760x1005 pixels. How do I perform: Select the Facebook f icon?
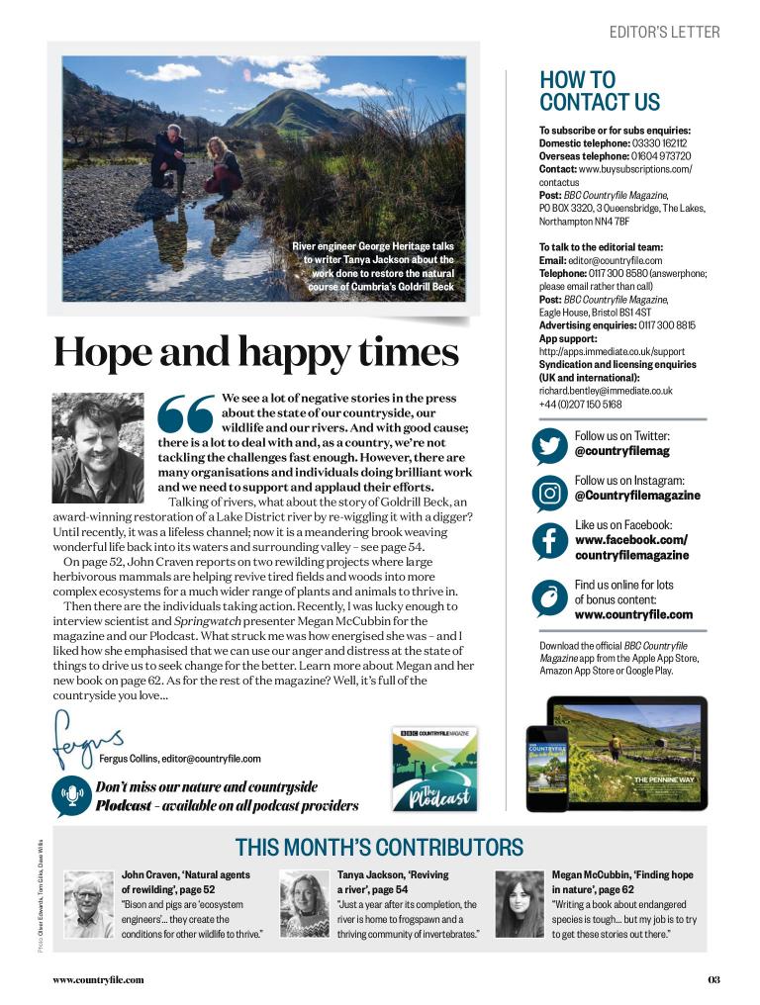(x=549, y=540)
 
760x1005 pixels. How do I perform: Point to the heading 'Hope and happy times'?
(x=256, y=352)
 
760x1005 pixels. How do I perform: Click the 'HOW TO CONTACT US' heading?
(x=600, y=91)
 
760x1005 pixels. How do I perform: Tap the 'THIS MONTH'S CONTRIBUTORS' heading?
(x=379, y=847)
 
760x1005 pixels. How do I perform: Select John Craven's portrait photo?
(x=88, y=903)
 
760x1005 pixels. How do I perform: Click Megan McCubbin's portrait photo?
(x=519, y=903)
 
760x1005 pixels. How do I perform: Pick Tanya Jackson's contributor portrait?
(x=303, y=903)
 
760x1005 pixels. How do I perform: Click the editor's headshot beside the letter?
(x=97, y=448)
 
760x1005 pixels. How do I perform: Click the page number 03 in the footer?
(x=713, y=980)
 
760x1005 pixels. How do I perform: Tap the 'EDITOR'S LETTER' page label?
(x=664, y=33)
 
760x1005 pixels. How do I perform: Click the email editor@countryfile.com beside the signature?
(x=211, y=759)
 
